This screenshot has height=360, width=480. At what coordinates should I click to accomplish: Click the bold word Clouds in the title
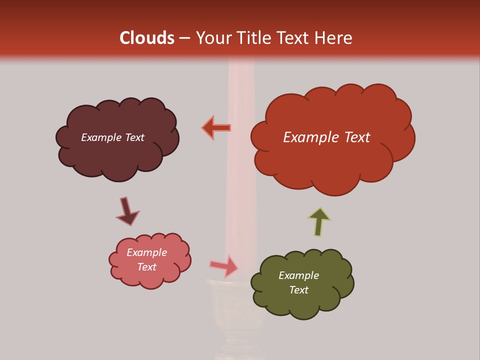click(146, 38)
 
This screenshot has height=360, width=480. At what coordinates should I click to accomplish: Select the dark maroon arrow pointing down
click(127, 211)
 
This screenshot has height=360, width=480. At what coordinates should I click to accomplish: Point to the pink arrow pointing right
click(224, 266)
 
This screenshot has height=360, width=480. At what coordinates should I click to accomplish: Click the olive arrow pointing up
click(319, 221)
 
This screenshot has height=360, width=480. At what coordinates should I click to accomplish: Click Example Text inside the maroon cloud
click(112, 137)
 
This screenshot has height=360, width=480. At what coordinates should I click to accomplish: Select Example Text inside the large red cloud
click(326, 137)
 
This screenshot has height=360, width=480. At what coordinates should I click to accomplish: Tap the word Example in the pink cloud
click(147, 252)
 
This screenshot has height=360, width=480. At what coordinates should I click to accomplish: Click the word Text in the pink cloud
click(147, 267)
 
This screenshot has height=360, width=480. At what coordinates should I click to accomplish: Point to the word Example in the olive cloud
click(298, 275)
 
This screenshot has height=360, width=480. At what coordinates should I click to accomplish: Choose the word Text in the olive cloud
click(298, 290)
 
